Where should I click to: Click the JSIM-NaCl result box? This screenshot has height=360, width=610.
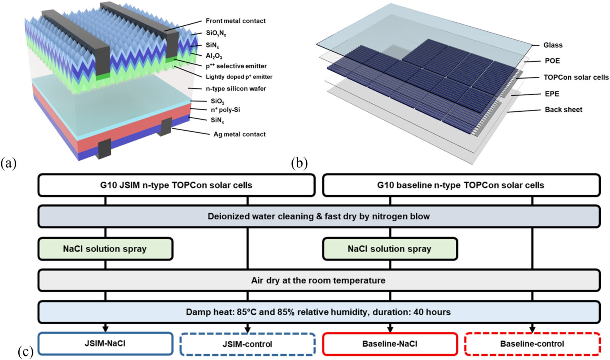pos(105,344)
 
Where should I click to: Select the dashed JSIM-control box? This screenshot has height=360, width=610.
pos(247,344)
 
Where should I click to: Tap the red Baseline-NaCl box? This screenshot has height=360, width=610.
pos(390,344)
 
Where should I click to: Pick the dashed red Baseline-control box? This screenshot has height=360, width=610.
pos(532,344)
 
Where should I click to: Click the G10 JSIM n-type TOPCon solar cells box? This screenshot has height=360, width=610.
pos(176,185)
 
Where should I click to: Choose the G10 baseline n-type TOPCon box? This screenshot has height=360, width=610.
pos(461,185)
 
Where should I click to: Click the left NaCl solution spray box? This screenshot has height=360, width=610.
pos(105,249)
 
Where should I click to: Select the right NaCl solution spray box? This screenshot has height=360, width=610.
pos(390,249)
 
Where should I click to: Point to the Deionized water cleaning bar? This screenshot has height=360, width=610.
pos(319,217)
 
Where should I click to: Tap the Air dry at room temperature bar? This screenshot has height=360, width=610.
pos(319,281)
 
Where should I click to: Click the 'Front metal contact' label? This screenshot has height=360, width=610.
pos(236,21)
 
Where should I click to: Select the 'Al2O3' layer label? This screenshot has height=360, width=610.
pos(214,56)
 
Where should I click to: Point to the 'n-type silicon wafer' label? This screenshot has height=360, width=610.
pos(236,89)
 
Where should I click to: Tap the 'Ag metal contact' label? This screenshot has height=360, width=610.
pos(239,134)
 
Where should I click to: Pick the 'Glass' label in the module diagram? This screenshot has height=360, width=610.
pos(553,45)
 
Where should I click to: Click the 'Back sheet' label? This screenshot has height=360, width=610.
pos(563,110)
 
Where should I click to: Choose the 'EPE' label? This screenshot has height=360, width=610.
pos(552,94)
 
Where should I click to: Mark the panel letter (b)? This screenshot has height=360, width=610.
pos(299,163)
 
